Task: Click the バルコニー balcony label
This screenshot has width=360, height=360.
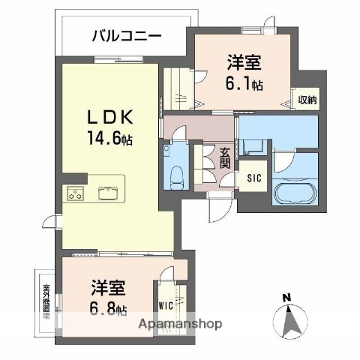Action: click(127, 34)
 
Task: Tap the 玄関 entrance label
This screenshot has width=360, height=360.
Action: click(223, 158)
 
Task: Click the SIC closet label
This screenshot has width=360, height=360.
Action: click(253, 178)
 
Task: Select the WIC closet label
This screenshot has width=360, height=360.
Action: click(166, 306)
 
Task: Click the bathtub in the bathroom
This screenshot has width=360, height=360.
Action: click(297, 193)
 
